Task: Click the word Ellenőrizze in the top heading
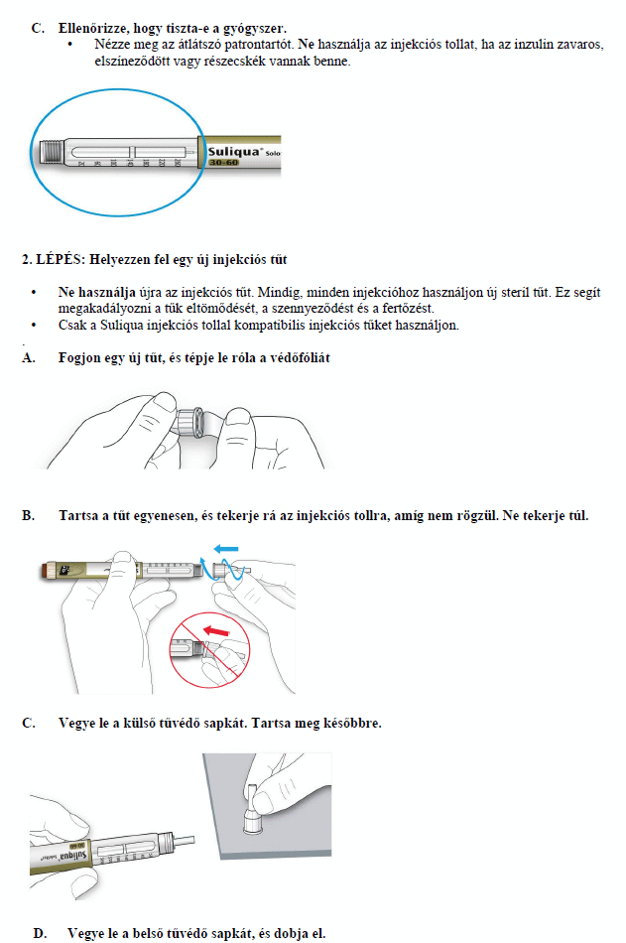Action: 99,28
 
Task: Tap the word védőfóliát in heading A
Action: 299,358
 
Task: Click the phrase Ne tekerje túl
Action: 545,516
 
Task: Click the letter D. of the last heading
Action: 40,933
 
